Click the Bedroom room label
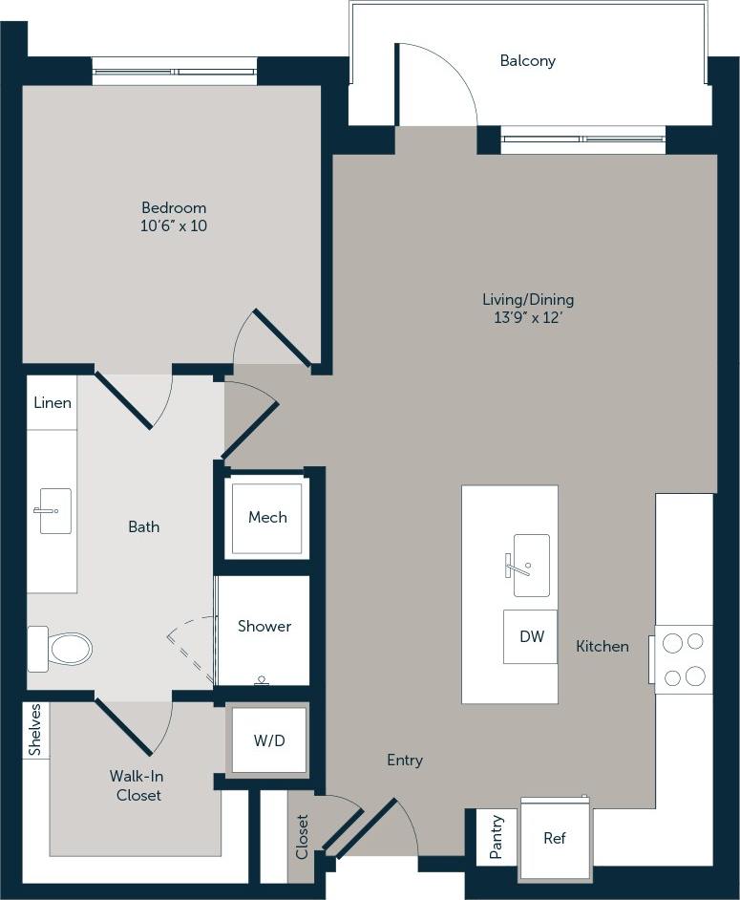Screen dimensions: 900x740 pyautogui.click(x=174, y=207)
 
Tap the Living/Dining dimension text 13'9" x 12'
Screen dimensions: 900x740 pyautogui.click(x=528, y=318)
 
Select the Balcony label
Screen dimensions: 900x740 pyautogui.click(x=527, y=61)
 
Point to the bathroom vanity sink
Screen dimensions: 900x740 pyautogui.click(x=54, y=511)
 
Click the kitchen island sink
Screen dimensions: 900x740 pyautogui.click(x=530, y=565)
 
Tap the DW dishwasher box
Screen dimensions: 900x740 pyautogui.click(x=531, y=636)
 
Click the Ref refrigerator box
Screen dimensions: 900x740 pyautogui.click(x=555, y=838)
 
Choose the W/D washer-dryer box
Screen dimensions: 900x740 pyautogui.click(x=269, y=740)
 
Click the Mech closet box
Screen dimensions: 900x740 pyautogui.click(x=267, y=518)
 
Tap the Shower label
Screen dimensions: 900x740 pyautogui.click(x=264, y=627)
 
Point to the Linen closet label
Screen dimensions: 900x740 pyautogui.click(x=53, y=403)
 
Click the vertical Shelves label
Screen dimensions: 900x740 pyautogui.click(x=35, y=731)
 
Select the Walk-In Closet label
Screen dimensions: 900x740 pyautogui.click(x=135, y=785)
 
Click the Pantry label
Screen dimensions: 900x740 pyautogui.click(x=497, y=837)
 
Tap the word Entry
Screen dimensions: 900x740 pyautogui.click(x=405, y=761)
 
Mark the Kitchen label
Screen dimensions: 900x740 pyautogui.click(x=603, y=647)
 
